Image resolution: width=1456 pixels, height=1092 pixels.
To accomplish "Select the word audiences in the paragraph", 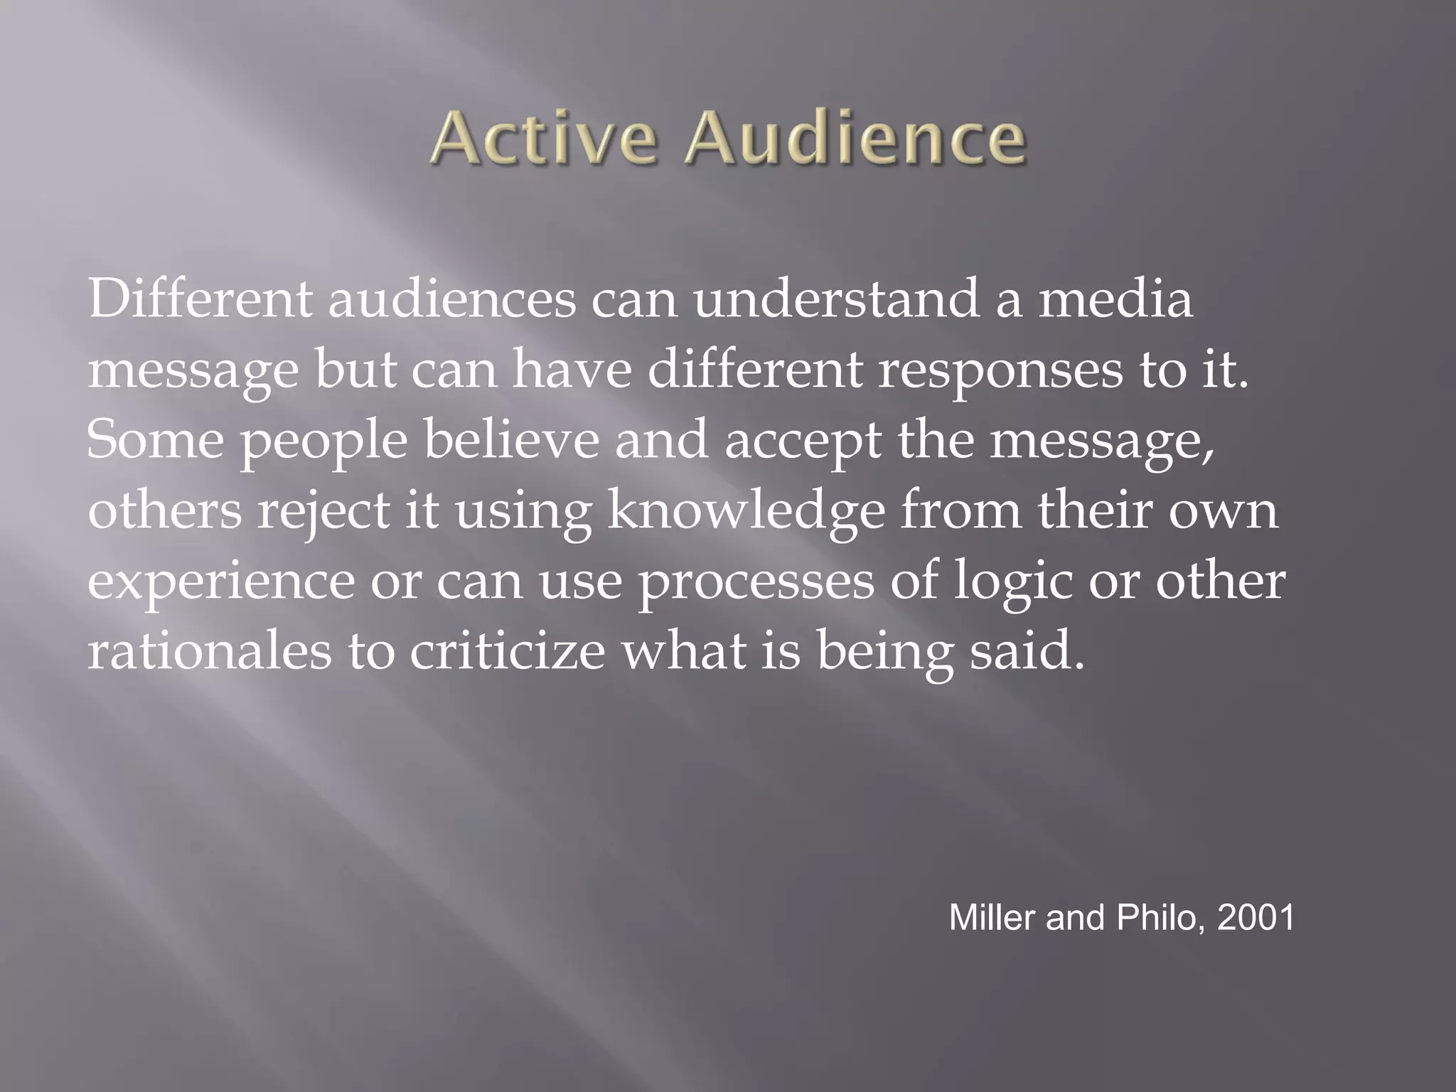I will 451,299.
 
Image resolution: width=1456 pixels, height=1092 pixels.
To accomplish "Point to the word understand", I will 835,299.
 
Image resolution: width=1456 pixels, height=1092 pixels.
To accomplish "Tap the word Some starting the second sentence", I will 155,440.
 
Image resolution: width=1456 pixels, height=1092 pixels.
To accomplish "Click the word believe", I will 512,440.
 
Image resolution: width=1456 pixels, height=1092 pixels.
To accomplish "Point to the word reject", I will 323,511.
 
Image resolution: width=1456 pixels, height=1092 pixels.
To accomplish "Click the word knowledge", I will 746,511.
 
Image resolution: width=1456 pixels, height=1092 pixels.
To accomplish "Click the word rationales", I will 209,651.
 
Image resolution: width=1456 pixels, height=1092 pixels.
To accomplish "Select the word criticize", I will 507,651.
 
